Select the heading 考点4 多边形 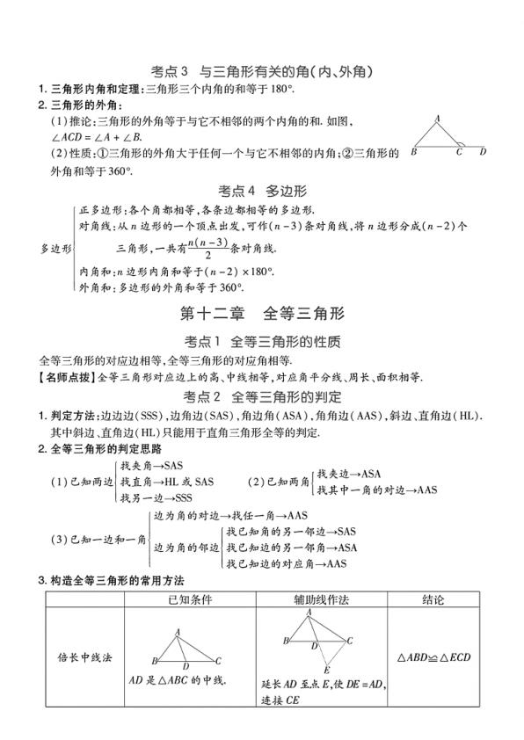pos(261,190)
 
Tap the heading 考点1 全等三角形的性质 pos(261,341)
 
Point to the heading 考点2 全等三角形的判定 pos(261,397)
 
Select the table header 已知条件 pos(190,599)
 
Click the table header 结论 pos(433,599)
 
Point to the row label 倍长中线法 pos(81,657)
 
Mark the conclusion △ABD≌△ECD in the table pos(433,657)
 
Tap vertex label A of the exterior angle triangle pos(438,117)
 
